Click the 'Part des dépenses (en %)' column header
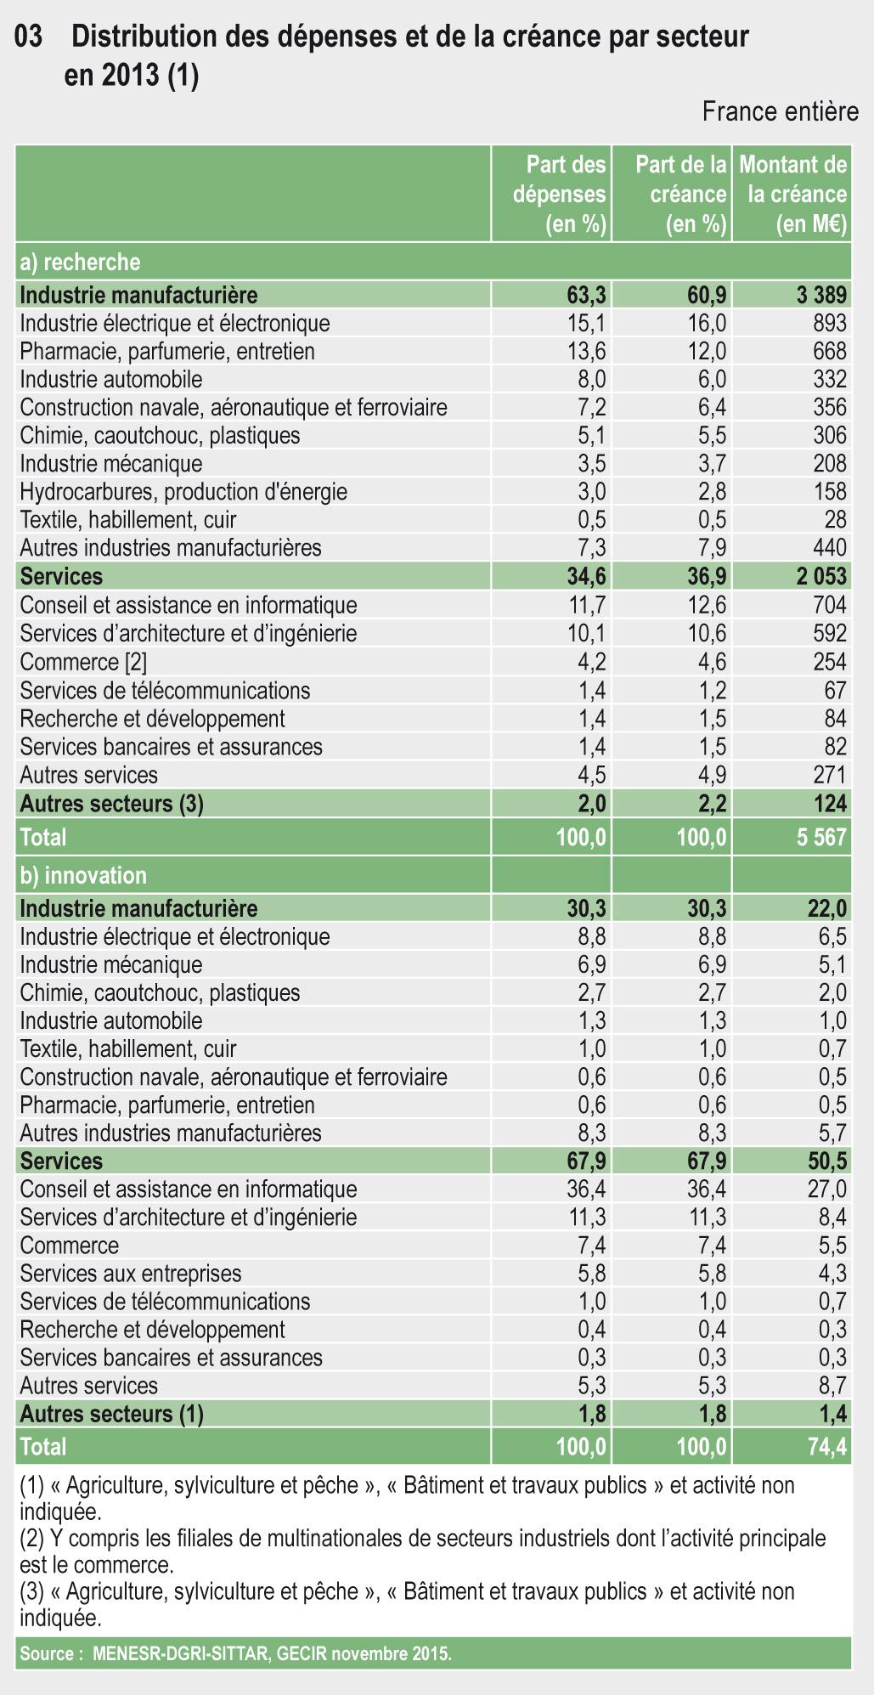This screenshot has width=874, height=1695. click(559, 194)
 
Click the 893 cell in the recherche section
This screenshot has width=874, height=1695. click(829, 323)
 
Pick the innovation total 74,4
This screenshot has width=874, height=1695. click(826, 1446)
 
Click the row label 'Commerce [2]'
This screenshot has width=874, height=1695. click(83, 662)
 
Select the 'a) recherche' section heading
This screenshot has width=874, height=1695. click(80, 262)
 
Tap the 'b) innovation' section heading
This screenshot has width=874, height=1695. click(83, 875)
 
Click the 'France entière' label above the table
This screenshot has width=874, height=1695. click(780, 112)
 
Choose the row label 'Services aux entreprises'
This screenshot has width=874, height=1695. click(131, 1274)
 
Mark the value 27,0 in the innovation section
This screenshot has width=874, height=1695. click(826, 1189)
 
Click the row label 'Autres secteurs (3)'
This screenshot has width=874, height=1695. click(111, 803)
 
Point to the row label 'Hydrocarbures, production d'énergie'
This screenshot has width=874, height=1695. click(183, 492)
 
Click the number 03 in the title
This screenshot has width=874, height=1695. click(30, 37)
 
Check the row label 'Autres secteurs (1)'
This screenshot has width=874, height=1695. click(111, 1414)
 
